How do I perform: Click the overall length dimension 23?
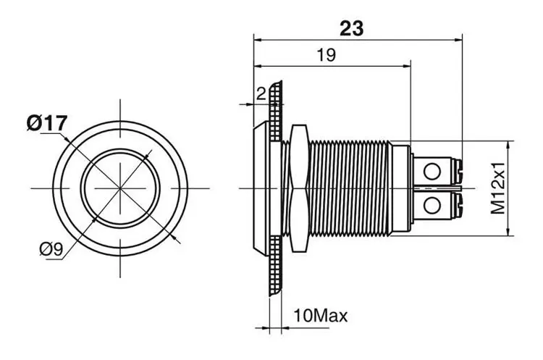[x=351, y=28]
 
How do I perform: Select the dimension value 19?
[x=327, y=55]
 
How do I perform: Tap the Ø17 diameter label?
[x=47, y=123]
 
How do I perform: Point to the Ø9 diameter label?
[x=51, y=248]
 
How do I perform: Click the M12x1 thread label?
[x=498, y=188]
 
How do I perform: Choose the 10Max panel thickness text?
[x=320, y=316]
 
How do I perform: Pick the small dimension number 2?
[x=261, y=93]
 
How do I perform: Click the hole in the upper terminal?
[x=432, y=172]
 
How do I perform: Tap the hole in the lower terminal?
[x=432, y=206]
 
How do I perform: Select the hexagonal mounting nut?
[x=299, y=188]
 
